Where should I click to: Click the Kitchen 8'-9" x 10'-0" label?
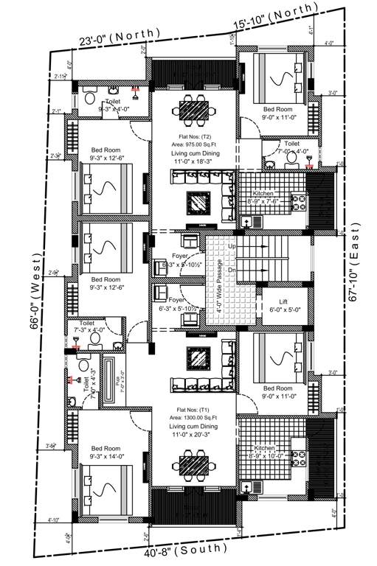[x=269, y=451]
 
